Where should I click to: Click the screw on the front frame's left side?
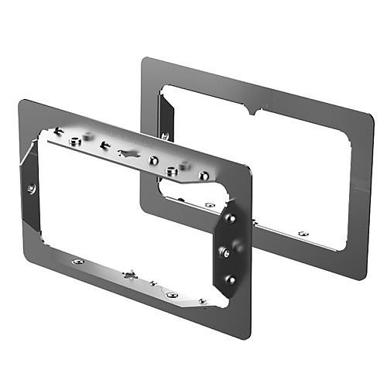point(31,188)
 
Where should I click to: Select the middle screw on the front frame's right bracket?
point(224,251)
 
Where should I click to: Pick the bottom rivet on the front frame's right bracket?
point(230,279)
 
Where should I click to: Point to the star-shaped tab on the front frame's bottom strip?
point(129,274)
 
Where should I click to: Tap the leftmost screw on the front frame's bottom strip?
point(77,262)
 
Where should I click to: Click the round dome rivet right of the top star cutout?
point(153,160)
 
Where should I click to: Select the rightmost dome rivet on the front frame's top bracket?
point(204,176)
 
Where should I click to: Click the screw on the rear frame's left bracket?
point(164,137)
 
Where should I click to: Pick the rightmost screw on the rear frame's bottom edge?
point(303,234)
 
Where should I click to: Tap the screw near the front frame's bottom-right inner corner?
point(202,300)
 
